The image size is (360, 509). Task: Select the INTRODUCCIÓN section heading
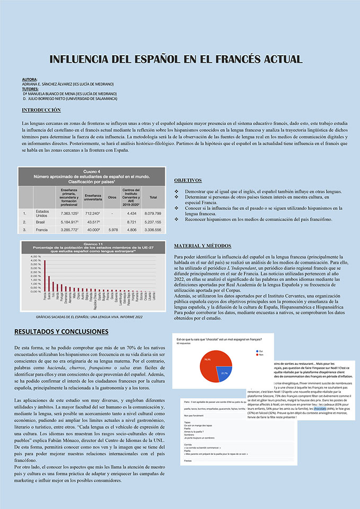(41, 110)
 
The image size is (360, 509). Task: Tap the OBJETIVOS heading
(188, 180)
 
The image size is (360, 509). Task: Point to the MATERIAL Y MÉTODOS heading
(203, 246)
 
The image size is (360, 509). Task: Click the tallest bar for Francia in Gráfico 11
(45, 276)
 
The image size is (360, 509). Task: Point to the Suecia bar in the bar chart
(49, 284)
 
